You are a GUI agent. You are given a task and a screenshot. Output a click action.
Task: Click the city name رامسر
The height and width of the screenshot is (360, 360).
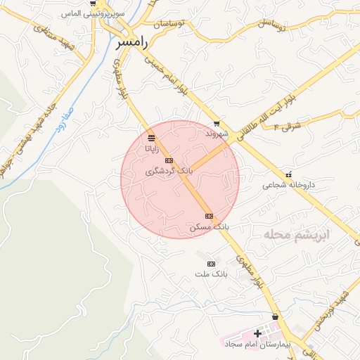coord(131,43)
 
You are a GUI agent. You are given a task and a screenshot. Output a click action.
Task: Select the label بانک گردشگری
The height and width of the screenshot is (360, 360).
coord(167,171)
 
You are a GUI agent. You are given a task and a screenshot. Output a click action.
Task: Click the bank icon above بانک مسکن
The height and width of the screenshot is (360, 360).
coord(209,216)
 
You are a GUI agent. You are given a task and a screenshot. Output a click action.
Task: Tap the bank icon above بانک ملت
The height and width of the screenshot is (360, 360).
coord(211,263)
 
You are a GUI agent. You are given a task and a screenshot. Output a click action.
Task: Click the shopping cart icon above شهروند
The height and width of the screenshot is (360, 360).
coord(217,123)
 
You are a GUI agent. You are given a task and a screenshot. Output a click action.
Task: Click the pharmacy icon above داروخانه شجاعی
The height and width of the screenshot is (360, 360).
coord(288,174)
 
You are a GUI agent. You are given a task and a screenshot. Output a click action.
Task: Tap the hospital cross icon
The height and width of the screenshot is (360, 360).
coord(257,333)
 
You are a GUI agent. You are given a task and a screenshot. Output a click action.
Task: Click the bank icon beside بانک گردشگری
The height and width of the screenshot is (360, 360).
coord(168,160)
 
